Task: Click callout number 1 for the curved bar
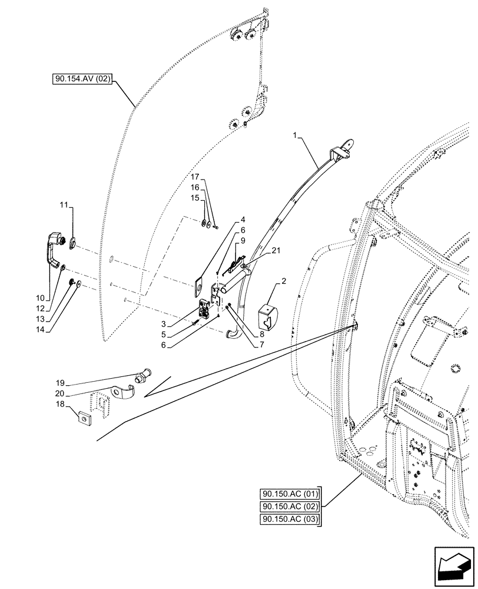point(296,136)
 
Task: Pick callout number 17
point(195,176)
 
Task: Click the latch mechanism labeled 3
point(205,309)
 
